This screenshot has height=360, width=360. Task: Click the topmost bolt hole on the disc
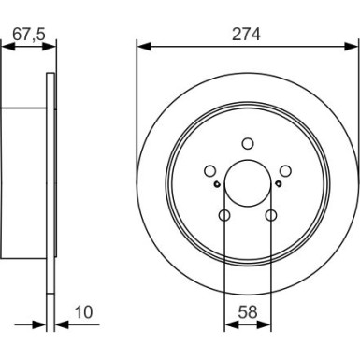(248, 143)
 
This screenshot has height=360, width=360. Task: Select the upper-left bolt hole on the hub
(209, 170)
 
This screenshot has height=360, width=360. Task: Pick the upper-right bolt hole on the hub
(286, 170)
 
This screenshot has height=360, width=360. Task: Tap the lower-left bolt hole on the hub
(224, 216)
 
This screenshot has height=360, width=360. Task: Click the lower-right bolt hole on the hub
(271, 216)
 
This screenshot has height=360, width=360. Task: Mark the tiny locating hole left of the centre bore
(216, 184)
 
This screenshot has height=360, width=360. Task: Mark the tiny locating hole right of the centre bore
(280, 184)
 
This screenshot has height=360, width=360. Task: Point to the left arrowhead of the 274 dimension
(143, 44)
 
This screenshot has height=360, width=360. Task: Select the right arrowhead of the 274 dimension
(353, 44)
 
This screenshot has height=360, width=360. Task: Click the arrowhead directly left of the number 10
(61, 324)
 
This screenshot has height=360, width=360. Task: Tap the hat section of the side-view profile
(23, 183)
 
